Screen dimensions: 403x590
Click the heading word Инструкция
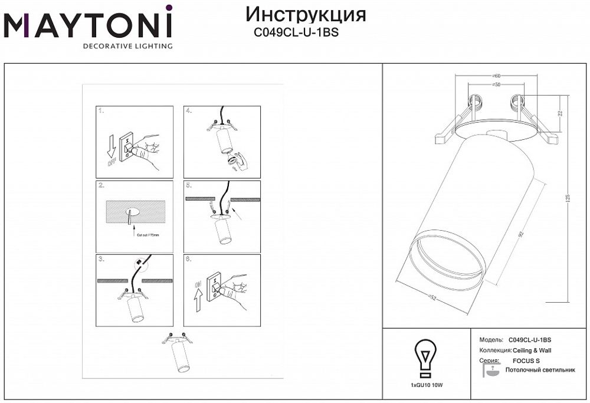click(305, 14)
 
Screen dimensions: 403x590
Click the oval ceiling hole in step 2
click(132, 212)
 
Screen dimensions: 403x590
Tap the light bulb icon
click(424, 357)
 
